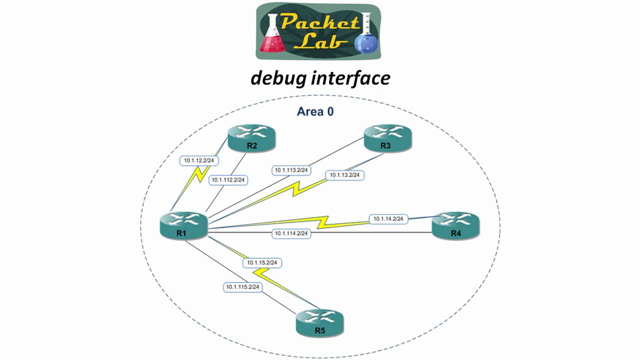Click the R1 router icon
[x=183, y=225]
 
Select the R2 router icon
[x=251, y=137]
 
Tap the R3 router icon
[x=387, y=137]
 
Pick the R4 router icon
[x=455, y=225]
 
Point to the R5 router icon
[x=319, y=322]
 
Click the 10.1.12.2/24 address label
[x=199, y=160]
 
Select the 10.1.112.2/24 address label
[x=228, y=180]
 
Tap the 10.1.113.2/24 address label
[x=291, y=170]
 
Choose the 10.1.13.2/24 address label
[x=345, y=175]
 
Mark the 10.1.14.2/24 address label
[x=388, y=219]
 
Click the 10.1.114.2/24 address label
[x=291, y=233]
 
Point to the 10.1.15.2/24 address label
[x=262, y=262]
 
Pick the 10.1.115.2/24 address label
[x=242, y=287]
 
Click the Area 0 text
[x=315, y=111]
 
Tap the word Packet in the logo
[x=320, y=22]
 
